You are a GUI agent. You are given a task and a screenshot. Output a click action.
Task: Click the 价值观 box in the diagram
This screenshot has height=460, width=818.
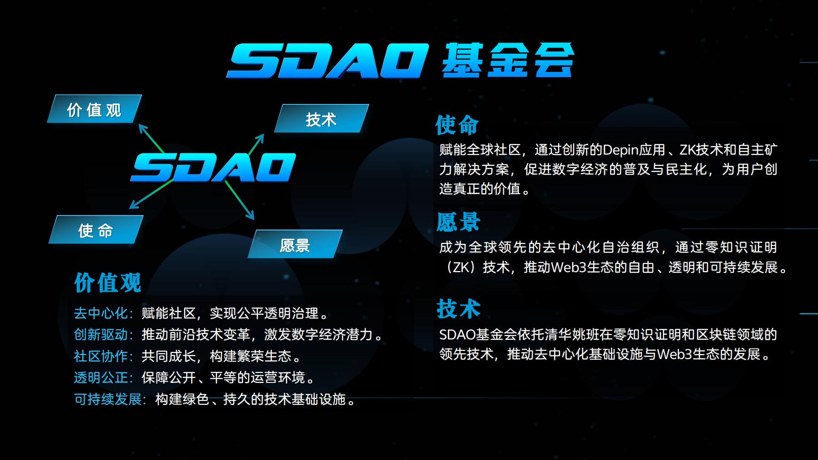(95, 109)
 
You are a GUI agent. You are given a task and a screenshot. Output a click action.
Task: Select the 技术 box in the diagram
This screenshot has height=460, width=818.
(321, 118)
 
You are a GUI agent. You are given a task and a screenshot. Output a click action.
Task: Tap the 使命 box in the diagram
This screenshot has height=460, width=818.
(96, 230)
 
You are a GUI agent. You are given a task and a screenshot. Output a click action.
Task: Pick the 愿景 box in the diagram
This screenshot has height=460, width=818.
(295, 244)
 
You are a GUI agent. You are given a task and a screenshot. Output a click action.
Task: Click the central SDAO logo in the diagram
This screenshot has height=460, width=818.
(213, 167)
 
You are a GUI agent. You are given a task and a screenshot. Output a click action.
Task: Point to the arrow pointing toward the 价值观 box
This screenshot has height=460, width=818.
(152, 138)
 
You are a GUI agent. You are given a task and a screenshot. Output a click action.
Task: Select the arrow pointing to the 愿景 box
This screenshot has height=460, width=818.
(239, 200)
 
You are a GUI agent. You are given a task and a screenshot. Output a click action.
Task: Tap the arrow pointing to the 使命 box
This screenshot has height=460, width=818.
(151, 194)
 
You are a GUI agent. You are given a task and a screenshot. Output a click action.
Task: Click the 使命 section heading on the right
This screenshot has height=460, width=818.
(457, 125)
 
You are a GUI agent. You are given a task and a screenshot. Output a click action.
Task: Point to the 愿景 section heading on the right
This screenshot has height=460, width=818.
(458, 221)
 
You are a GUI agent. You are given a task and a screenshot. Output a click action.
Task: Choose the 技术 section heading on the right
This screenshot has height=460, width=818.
(458, 309)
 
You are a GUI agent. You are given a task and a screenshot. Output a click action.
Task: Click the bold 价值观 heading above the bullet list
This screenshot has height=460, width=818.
(108, 282)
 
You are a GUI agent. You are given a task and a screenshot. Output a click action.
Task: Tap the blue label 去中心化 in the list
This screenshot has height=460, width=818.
(101, 313)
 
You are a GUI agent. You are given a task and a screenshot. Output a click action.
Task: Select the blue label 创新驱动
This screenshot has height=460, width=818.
(101, 335)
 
